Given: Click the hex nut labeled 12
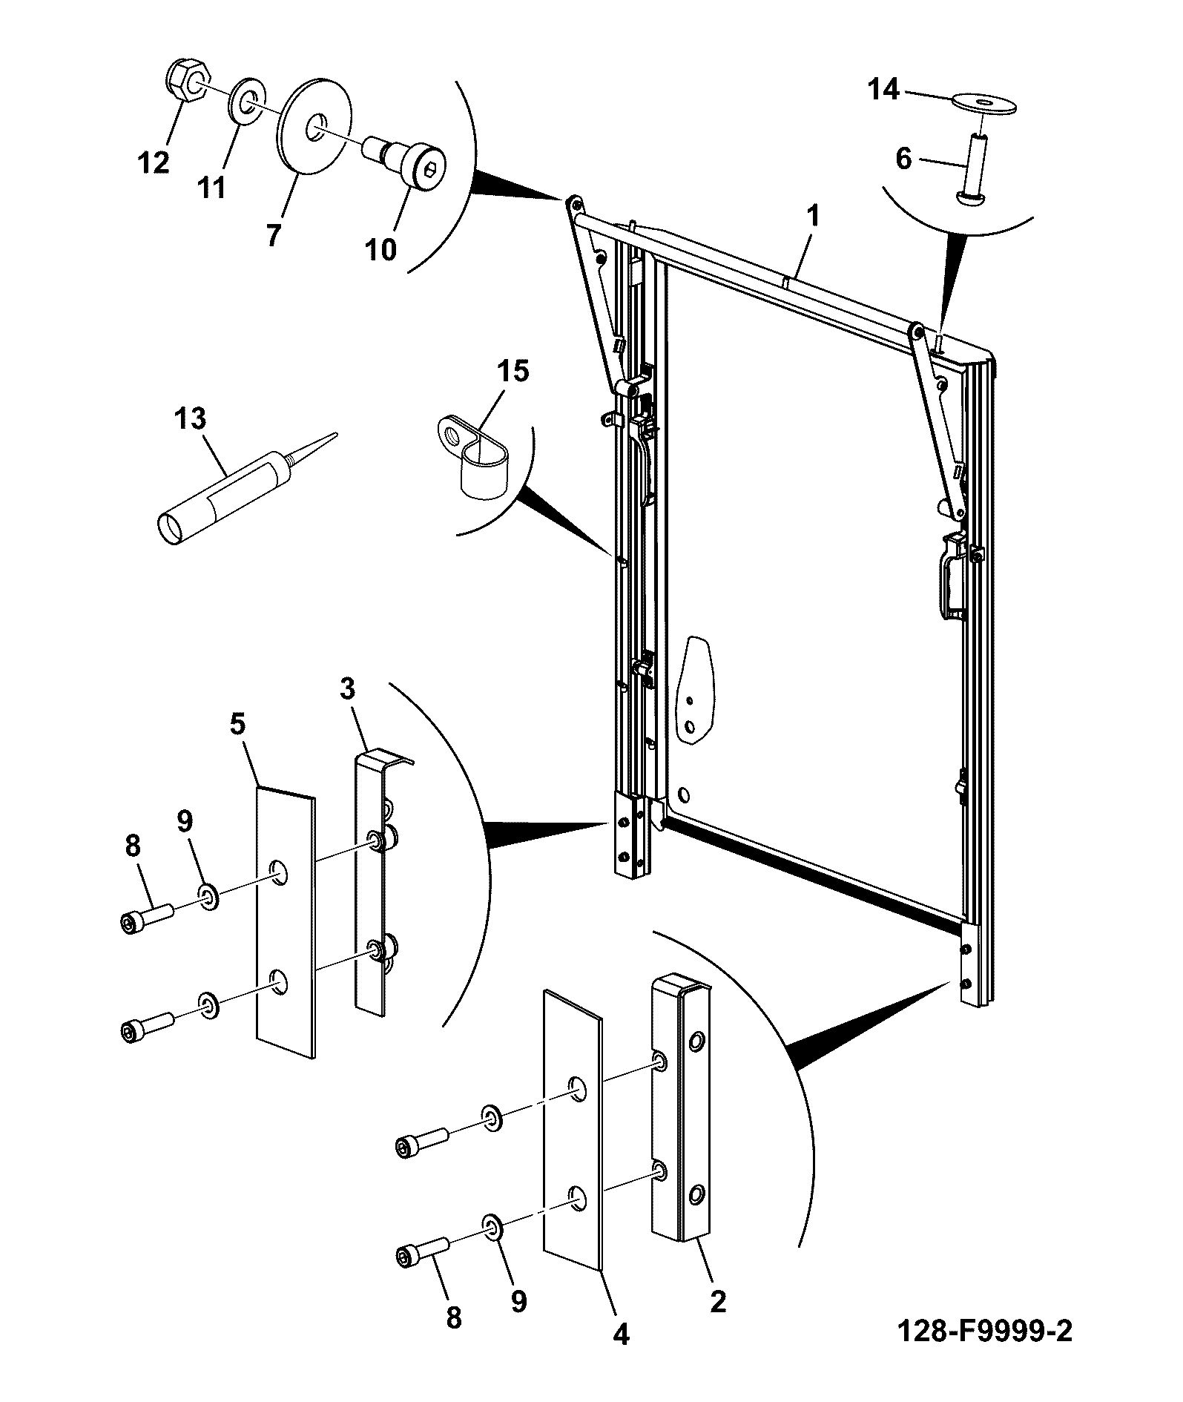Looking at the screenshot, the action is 188,82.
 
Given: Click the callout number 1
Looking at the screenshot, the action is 812,217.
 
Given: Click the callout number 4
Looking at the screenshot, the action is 621,1334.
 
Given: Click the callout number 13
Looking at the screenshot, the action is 190,418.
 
